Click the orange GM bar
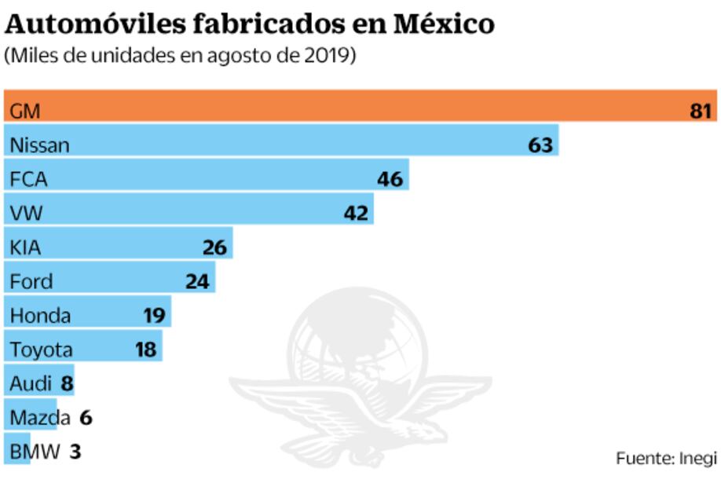point(353,110)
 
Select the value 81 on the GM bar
point(701,112)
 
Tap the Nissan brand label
point(39,145)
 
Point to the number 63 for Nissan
point(541,145)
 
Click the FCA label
point(28,179)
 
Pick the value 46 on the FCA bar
point(390,179)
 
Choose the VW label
point(25,213)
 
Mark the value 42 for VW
point(357,213)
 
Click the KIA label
point(26,247)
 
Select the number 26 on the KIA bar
point(214,247)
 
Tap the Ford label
point(31,281)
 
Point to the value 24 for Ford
point(198,281)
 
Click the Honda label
point(40,316)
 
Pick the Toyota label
point(41,350)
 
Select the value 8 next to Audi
point(67,384)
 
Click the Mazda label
point(39,418)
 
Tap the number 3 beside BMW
point(75,452)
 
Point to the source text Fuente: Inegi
point(666,458)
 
